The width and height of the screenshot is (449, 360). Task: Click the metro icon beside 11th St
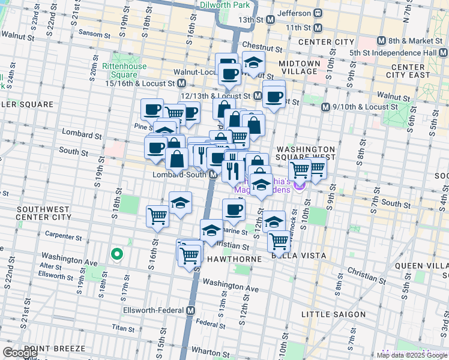click(318, 28)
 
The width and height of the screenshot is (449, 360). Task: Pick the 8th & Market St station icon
click(381, 41)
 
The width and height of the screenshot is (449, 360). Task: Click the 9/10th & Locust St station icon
click(325, 107)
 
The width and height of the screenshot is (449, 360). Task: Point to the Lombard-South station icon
click(213, 175)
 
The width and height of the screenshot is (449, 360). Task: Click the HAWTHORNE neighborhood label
click(235, 259)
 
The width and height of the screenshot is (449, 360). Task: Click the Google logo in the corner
click(20, 353)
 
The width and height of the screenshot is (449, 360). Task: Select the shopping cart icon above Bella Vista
click(279, 241)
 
